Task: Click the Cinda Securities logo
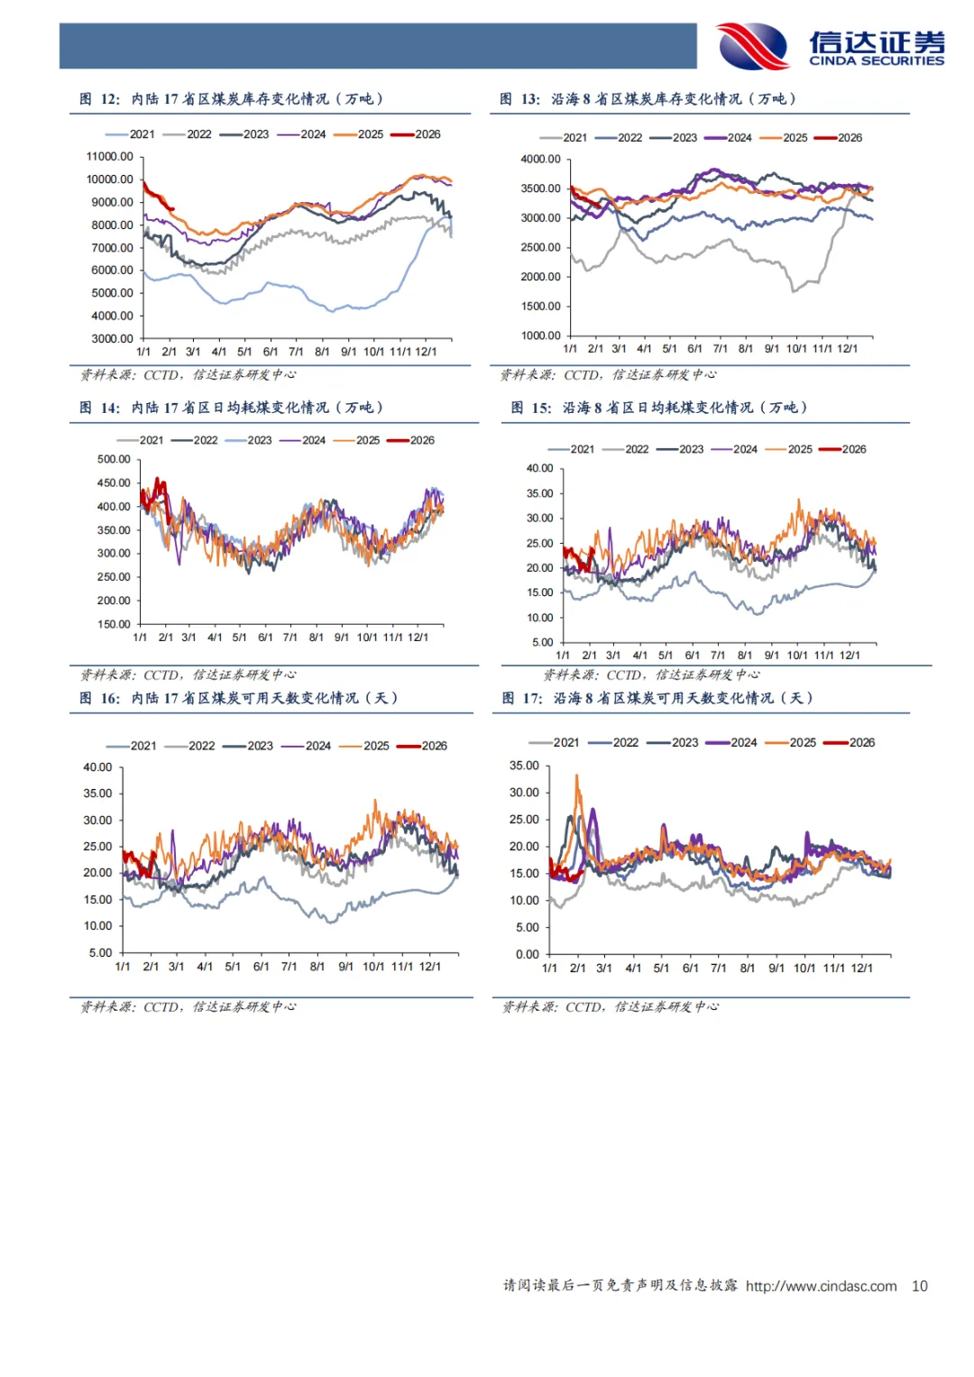pos(830,46)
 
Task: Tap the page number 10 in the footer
pos(919,1286)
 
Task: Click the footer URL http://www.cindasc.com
pos(821,1286)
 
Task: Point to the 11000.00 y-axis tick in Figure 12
pos(110,157)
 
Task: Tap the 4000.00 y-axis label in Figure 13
pos(540,160)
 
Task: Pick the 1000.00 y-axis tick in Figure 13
pos(540,335)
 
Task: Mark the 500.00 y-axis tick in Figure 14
pos(114,460)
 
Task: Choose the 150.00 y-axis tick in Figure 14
pos(114,624)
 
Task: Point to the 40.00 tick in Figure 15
pos(539,469)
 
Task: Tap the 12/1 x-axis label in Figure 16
pos(430,967)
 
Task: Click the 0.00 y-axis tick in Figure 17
pos(527,954)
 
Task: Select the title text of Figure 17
pos(657,698)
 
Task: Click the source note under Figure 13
pos(609,375)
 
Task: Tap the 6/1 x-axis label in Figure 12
pos(270,352)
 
